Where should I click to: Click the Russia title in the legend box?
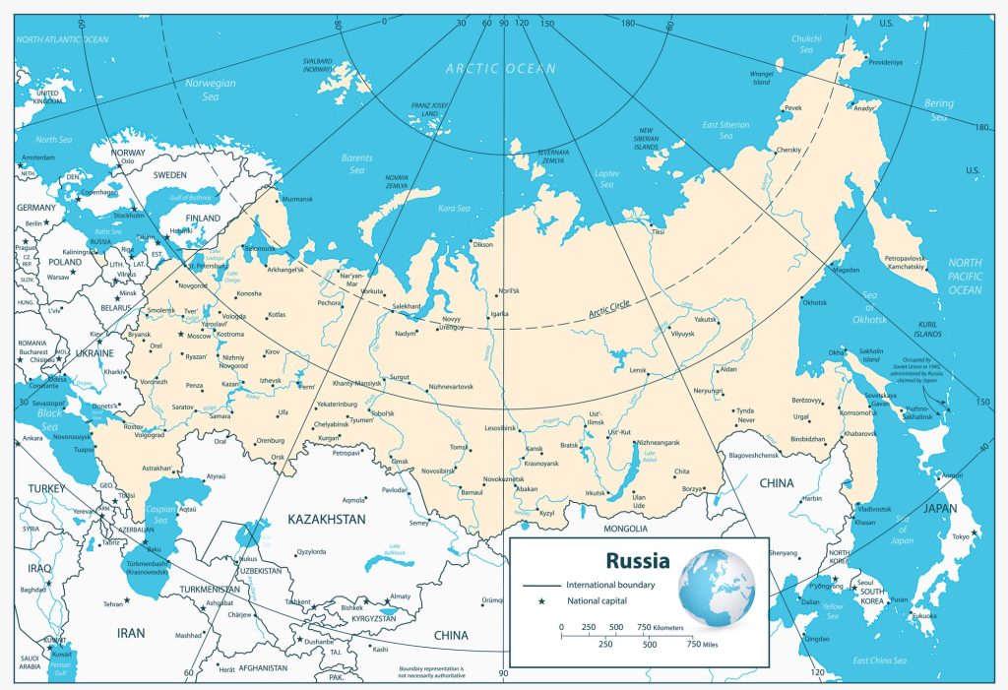[637, 562]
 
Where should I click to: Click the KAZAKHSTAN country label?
[326, 518]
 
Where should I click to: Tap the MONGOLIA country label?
[625, 530]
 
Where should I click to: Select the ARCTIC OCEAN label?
[500, 69]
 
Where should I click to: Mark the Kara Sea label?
[456, 209]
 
